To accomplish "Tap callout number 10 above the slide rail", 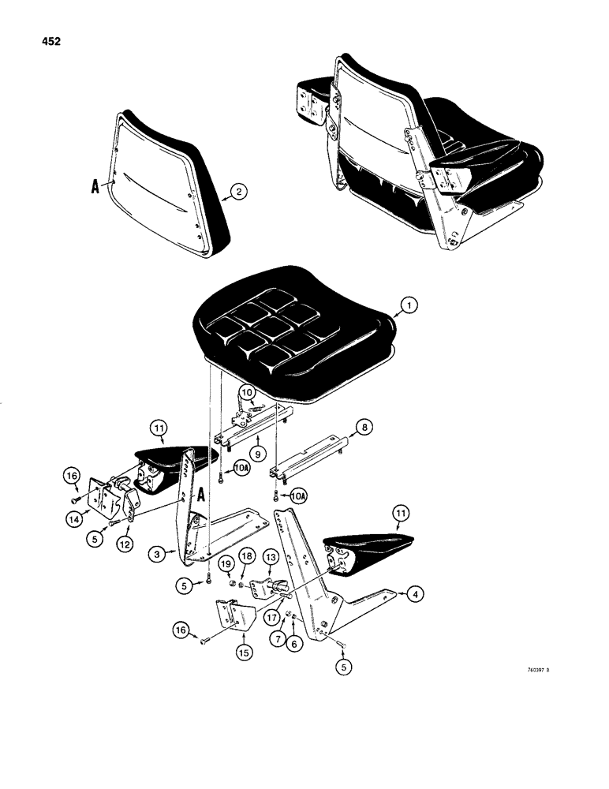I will pyautogui.click(x=246, y=392).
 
